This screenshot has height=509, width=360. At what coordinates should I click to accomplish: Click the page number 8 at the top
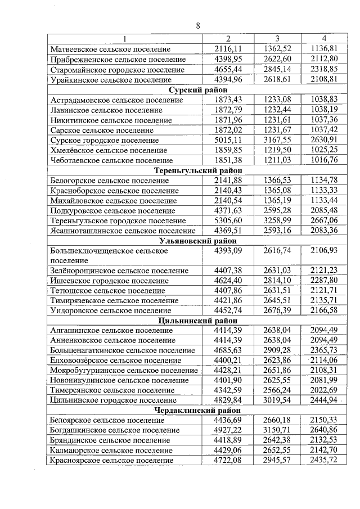point(197,25)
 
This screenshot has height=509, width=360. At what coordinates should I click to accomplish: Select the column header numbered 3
point(277,38)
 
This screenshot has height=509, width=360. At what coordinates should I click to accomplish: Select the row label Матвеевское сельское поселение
point(111,49)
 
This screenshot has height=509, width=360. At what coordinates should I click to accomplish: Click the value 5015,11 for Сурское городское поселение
point(228,139)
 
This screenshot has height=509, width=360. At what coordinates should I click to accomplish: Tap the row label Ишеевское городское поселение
point(110,281)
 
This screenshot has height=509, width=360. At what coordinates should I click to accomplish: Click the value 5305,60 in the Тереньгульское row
point(228,220)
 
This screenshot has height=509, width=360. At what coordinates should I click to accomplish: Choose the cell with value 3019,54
point(277,400)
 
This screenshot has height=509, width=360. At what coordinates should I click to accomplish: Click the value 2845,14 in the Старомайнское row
point(277,69)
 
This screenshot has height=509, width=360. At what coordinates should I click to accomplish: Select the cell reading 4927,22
point(228,430)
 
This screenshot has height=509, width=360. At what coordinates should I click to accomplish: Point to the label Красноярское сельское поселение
point(111,461)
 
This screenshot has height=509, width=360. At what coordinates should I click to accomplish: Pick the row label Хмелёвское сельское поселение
point(108,150)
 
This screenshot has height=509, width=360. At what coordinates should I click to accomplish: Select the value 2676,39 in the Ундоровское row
point(277,310)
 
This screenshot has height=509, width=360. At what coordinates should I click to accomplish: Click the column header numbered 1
point(125,38)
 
